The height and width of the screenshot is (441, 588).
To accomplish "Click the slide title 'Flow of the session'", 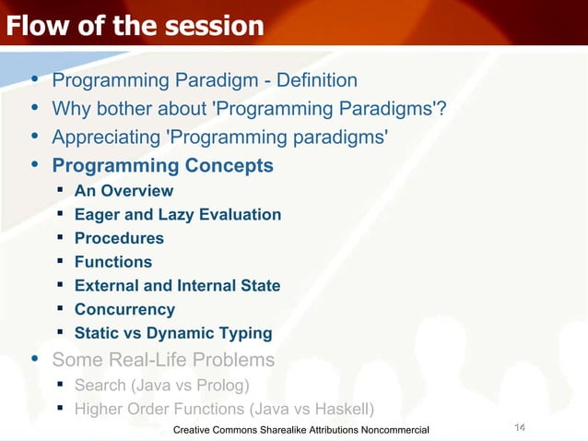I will [135, 26].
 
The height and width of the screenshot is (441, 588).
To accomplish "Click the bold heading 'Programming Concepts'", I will [162, 166].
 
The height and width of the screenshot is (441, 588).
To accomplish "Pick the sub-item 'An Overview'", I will [123, 191].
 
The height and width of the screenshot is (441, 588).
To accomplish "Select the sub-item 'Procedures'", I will [119, 238].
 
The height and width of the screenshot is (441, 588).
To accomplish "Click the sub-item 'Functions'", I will [112, 262].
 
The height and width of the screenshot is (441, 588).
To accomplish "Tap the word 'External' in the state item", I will [106, 286].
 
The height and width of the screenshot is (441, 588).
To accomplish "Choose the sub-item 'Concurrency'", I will [124, 310].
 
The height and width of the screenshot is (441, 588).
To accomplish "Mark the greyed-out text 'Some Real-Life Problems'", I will [163, 359].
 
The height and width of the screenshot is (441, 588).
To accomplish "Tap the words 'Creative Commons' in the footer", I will [218, 431].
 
